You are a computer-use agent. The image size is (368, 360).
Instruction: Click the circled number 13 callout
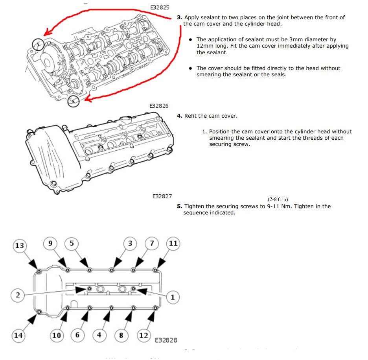(x=19, y=246)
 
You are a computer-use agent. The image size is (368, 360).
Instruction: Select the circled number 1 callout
(x=172, y=297)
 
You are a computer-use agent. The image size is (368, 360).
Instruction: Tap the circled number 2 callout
(x=18, y=294)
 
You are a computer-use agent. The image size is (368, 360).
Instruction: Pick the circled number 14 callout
(x=18, y=336)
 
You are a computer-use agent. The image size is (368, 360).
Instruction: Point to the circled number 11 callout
(x=173, y=243)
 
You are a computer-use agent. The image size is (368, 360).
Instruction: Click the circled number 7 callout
(x=152, y=243)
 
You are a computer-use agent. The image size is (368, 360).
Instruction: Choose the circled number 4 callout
(x=99, y=335)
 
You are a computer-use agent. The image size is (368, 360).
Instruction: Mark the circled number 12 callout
(x=144, y=335)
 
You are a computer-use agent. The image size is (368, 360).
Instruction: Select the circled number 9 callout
(x=50, y=243)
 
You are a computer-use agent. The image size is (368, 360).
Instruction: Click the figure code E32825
(x=160, y=7)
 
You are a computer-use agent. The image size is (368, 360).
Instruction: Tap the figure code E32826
(x=159, y=106)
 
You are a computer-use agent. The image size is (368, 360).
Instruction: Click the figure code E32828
(x=166, y=340)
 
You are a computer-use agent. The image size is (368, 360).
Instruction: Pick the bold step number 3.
(x=179, y=18)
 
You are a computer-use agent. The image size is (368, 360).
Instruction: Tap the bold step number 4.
(x=179, y=116)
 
